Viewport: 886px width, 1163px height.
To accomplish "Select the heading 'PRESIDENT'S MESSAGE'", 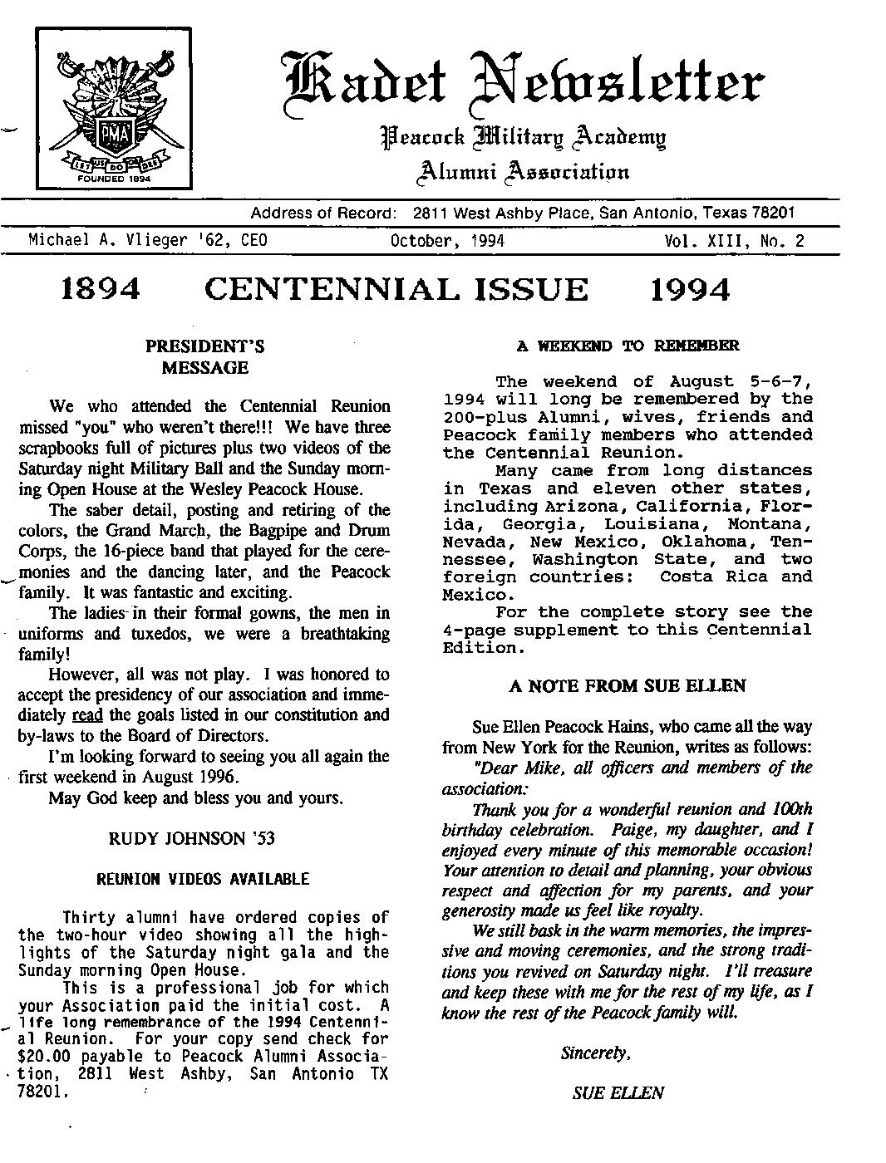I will pyautogui.click(x=205, y=356).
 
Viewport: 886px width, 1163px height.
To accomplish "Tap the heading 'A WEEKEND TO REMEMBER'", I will pyautogui.click(x=628, y=346).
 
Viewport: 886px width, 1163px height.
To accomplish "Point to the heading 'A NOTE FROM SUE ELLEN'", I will pyautogui.click(x=627, y=686).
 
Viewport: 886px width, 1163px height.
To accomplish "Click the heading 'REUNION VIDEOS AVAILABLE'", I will pyautogui.click(x=204, y=879).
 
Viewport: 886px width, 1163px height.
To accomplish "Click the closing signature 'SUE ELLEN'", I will pyautogui.click(x=618, y=1093).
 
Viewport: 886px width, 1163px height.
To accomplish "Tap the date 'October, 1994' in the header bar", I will pyautogui.click(x=447, y=241).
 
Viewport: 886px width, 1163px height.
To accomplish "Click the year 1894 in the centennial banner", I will pyautogui.click(x=101, y=290).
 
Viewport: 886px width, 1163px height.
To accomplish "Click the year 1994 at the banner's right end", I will pyautogui.click(x=690, y=290).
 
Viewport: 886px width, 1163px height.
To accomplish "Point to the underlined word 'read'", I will pyautogui.click(x=86, y=715).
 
